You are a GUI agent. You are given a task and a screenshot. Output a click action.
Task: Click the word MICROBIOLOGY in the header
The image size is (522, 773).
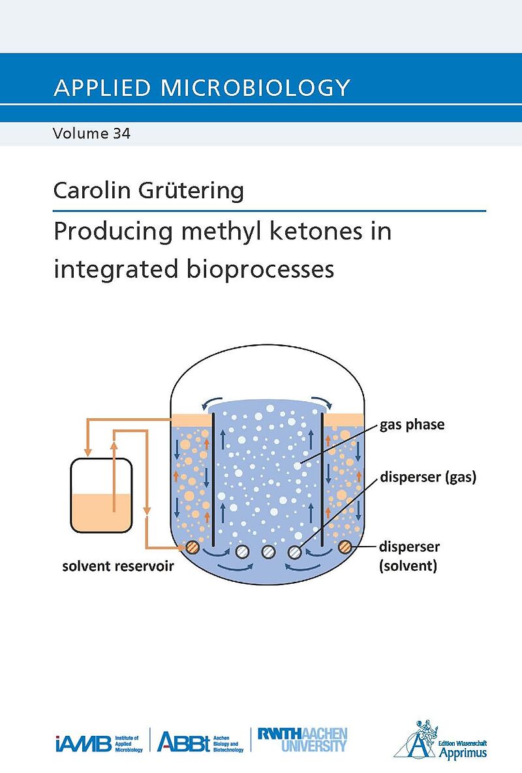[x=255, y=87]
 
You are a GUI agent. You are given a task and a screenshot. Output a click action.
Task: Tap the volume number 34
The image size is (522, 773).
[x=122, y=134]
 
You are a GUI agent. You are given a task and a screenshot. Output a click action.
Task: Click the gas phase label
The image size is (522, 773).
[x=412, y=425]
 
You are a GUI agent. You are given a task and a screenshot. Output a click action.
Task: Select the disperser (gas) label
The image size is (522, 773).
[x=429, y=476]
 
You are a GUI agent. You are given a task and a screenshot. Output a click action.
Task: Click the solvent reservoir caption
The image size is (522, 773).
[x=118, y=566]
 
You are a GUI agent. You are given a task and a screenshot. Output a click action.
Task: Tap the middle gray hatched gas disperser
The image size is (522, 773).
[x=268, y=552]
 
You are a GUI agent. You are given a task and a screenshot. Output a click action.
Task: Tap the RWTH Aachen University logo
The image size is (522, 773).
[x=302, y=740]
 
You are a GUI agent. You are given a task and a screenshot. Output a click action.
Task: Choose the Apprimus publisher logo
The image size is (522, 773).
[x=440, y=740]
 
